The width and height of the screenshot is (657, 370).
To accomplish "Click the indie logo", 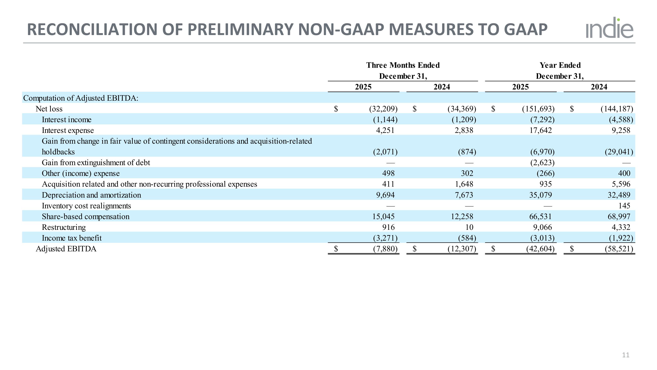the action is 609,28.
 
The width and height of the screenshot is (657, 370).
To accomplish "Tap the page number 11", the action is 626,355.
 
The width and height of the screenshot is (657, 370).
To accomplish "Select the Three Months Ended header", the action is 403,65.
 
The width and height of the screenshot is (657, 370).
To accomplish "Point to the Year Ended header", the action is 560,65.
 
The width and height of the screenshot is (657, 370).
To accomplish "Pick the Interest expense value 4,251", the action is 385,130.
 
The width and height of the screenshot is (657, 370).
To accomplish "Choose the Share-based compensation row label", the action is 85,216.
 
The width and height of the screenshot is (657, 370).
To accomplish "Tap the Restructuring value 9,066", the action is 542,227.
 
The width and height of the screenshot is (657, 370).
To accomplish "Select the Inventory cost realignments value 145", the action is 624,206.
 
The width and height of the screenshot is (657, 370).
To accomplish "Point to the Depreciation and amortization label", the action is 91,195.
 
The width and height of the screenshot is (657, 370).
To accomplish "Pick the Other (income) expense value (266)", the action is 546,173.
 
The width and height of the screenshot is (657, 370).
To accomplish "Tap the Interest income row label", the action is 67,120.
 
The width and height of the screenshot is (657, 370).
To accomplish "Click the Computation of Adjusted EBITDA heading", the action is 81,98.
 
